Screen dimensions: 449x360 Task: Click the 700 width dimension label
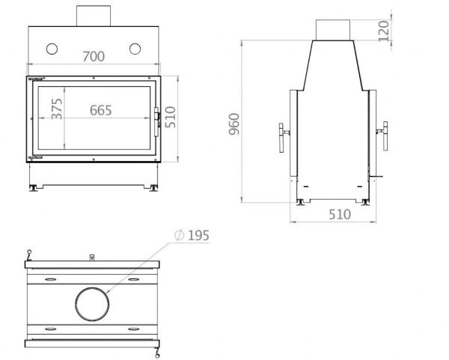point(94,56)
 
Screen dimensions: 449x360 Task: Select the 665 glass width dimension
point(100,110)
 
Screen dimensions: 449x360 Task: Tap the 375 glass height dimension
point(57,109)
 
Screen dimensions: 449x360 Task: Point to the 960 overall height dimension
point(234,124)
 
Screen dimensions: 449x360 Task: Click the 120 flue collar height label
point(384,31)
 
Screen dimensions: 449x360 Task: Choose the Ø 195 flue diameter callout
point(192,236)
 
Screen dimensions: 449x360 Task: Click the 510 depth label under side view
point(340,215)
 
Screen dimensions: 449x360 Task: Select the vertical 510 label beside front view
point(171,117)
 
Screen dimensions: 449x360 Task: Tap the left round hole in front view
point(52,49)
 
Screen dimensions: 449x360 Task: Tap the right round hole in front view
point(135,49)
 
